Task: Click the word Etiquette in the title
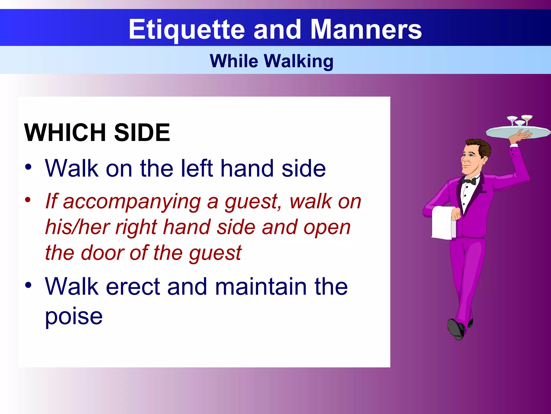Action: [187, 30]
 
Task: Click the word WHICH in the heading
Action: [65, 132]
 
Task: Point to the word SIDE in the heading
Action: [142, 132]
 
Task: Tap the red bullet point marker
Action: [28, 200]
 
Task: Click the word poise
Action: [74, 316]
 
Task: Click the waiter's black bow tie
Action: [469, 181]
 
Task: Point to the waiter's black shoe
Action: [455, 329]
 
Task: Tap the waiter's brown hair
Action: [482, 147]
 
